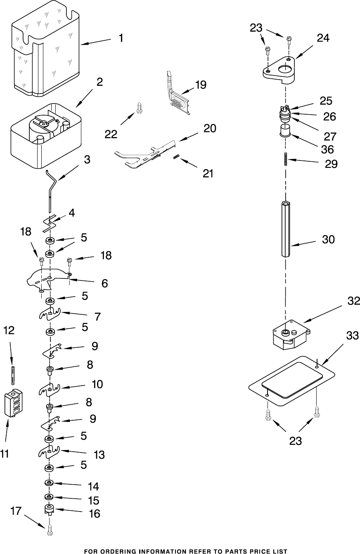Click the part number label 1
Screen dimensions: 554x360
[x=121, y=38]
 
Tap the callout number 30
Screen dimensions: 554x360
[x=328, y=239]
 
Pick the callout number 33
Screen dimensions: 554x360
[x=352, y=336]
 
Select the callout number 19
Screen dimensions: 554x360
[x=201, y=85]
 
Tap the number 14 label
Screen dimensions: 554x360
[x=94, y=486]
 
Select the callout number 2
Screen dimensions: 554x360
[x=99, y=82]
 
